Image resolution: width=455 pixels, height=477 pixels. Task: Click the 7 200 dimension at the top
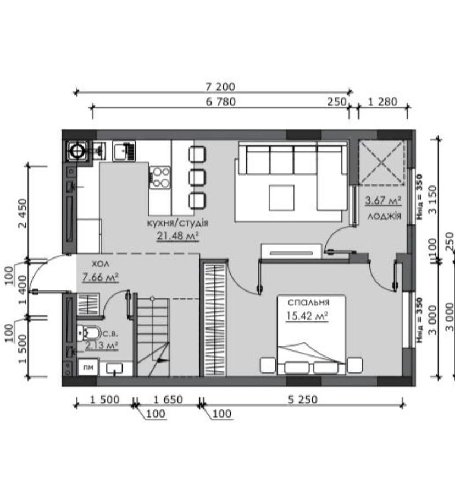[220, 87]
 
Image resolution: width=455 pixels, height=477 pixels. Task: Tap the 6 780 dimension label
[221, 102]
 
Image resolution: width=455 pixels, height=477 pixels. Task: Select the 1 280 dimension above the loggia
[382, 102]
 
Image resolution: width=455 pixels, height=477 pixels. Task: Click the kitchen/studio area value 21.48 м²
[178, 235]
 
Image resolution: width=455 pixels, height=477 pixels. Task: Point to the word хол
[101, 264]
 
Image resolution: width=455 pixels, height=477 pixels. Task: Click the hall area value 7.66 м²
[101, 277]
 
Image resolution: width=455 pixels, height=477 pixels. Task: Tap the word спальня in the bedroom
[308, 303]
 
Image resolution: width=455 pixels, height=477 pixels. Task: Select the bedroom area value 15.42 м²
[307, 316]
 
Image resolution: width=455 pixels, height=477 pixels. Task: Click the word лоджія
[385, 216]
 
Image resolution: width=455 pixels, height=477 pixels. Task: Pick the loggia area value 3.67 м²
[383, 200]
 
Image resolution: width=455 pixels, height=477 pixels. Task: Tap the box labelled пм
[88, 367]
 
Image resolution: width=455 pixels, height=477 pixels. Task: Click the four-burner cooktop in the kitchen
[160, 177]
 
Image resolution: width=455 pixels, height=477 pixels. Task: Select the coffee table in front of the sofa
[281, 198]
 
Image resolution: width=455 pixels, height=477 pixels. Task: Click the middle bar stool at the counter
[197, 177]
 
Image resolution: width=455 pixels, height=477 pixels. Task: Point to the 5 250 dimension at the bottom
[303, 399]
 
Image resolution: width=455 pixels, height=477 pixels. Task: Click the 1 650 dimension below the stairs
[168, 399]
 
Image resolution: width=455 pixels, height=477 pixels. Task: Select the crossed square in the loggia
[382, 162]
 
